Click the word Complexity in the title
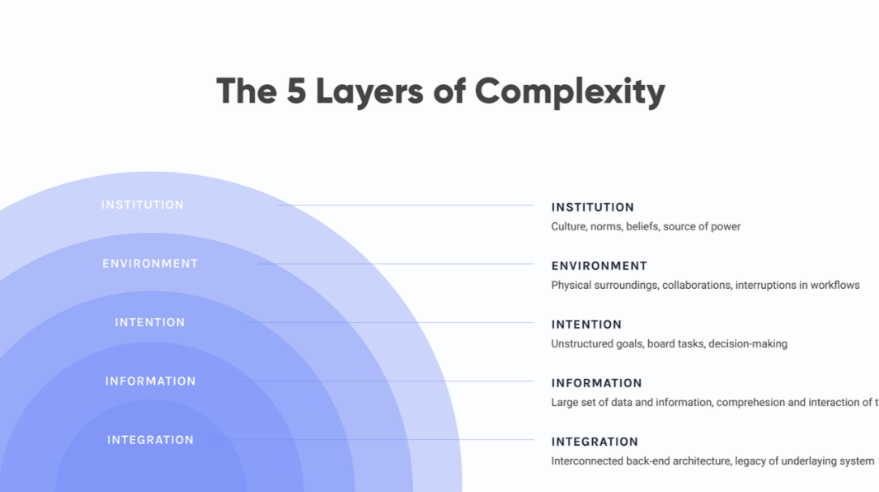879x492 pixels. click(570, 91)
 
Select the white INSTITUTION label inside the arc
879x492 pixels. click(143, 205)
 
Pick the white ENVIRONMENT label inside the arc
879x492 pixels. click(150, 264)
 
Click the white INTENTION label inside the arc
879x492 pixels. click(150, 323)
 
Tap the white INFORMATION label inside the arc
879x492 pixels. click(150, 381)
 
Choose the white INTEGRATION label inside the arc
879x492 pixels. click(150, 440)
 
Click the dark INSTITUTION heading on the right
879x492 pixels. click(592, 207)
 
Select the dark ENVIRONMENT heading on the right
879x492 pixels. click(599, 266)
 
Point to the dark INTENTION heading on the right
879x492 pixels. click(586, 324)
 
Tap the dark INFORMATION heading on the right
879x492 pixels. click(596, 383)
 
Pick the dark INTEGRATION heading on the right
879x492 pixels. click(595, 442)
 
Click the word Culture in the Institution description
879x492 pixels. click(569, 226)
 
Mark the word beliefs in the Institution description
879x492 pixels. click(642, 226)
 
